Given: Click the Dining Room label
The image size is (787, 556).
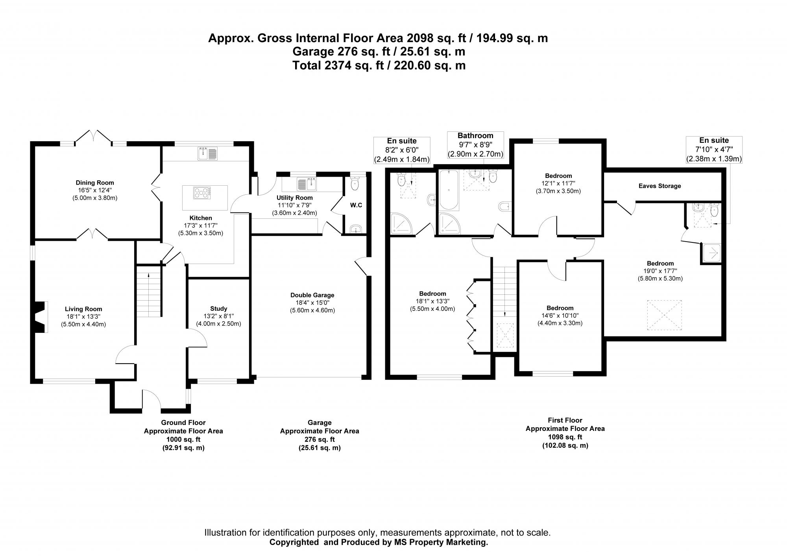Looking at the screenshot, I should point(95,183).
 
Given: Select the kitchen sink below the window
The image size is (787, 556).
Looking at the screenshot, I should point(207,153).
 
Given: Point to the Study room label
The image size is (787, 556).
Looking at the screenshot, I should point(218,309).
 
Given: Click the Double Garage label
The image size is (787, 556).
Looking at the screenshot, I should point(312,295).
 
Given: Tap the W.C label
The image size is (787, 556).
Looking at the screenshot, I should point(356,205).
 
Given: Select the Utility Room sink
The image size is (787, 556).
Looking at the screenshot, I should point(307,184).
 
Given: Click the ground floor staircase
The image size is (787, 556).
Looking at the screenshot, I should point(149,291).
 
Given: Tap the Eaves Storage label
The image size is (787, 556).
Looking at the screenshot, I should point(660,186).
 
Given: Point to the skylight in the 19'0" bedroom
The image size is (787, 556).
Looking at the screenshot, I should point(665,316).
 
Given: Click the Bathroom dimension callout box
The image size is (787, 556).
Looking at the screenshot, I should point(475,145).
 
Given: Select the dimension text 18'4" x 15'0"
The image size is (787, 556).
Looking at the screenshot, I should point(312,303).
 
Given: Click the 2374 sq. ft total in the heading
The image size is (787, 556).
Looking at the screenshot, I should point(346,65).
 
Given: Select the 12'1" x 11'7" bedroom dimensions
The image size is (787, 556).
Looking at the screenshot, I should point(558,184).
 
